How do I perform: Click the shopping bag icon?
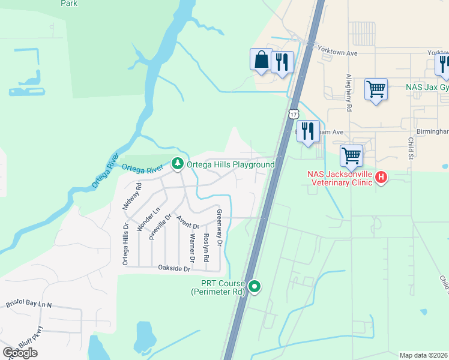(x=261, y=59)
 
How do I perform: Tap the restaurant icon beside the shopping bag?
(x=282, y=62)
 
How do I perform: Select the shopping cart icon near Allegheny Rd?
(x=376, y=89)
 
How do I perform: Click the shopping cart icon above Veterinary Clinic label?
(x=351, y=156)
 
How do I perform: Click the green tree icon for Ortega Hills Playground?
(x=177, y=163)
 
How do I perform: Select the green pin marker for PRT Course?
(x=255, y=287)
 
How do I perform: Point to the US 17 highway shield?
(x=292, y=114)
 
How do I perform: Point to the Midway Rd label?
(x=132, y=196)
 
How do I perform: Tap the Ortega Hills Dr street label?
(x=125, y=244)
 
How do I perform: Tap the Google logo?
(x=20, y=353)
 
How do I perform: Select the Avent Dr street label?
(x=188, y=221)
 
